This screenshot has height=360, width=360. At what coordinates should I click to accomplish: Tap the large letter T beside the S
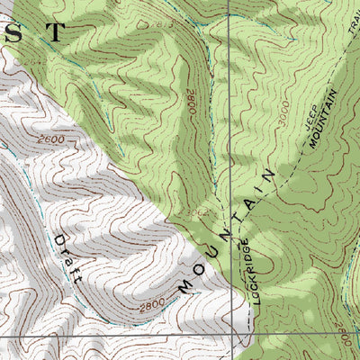tap(56, 32)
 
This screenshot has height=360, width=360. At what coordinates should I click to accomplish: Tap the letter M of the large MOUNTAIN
tap(186, 286)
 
